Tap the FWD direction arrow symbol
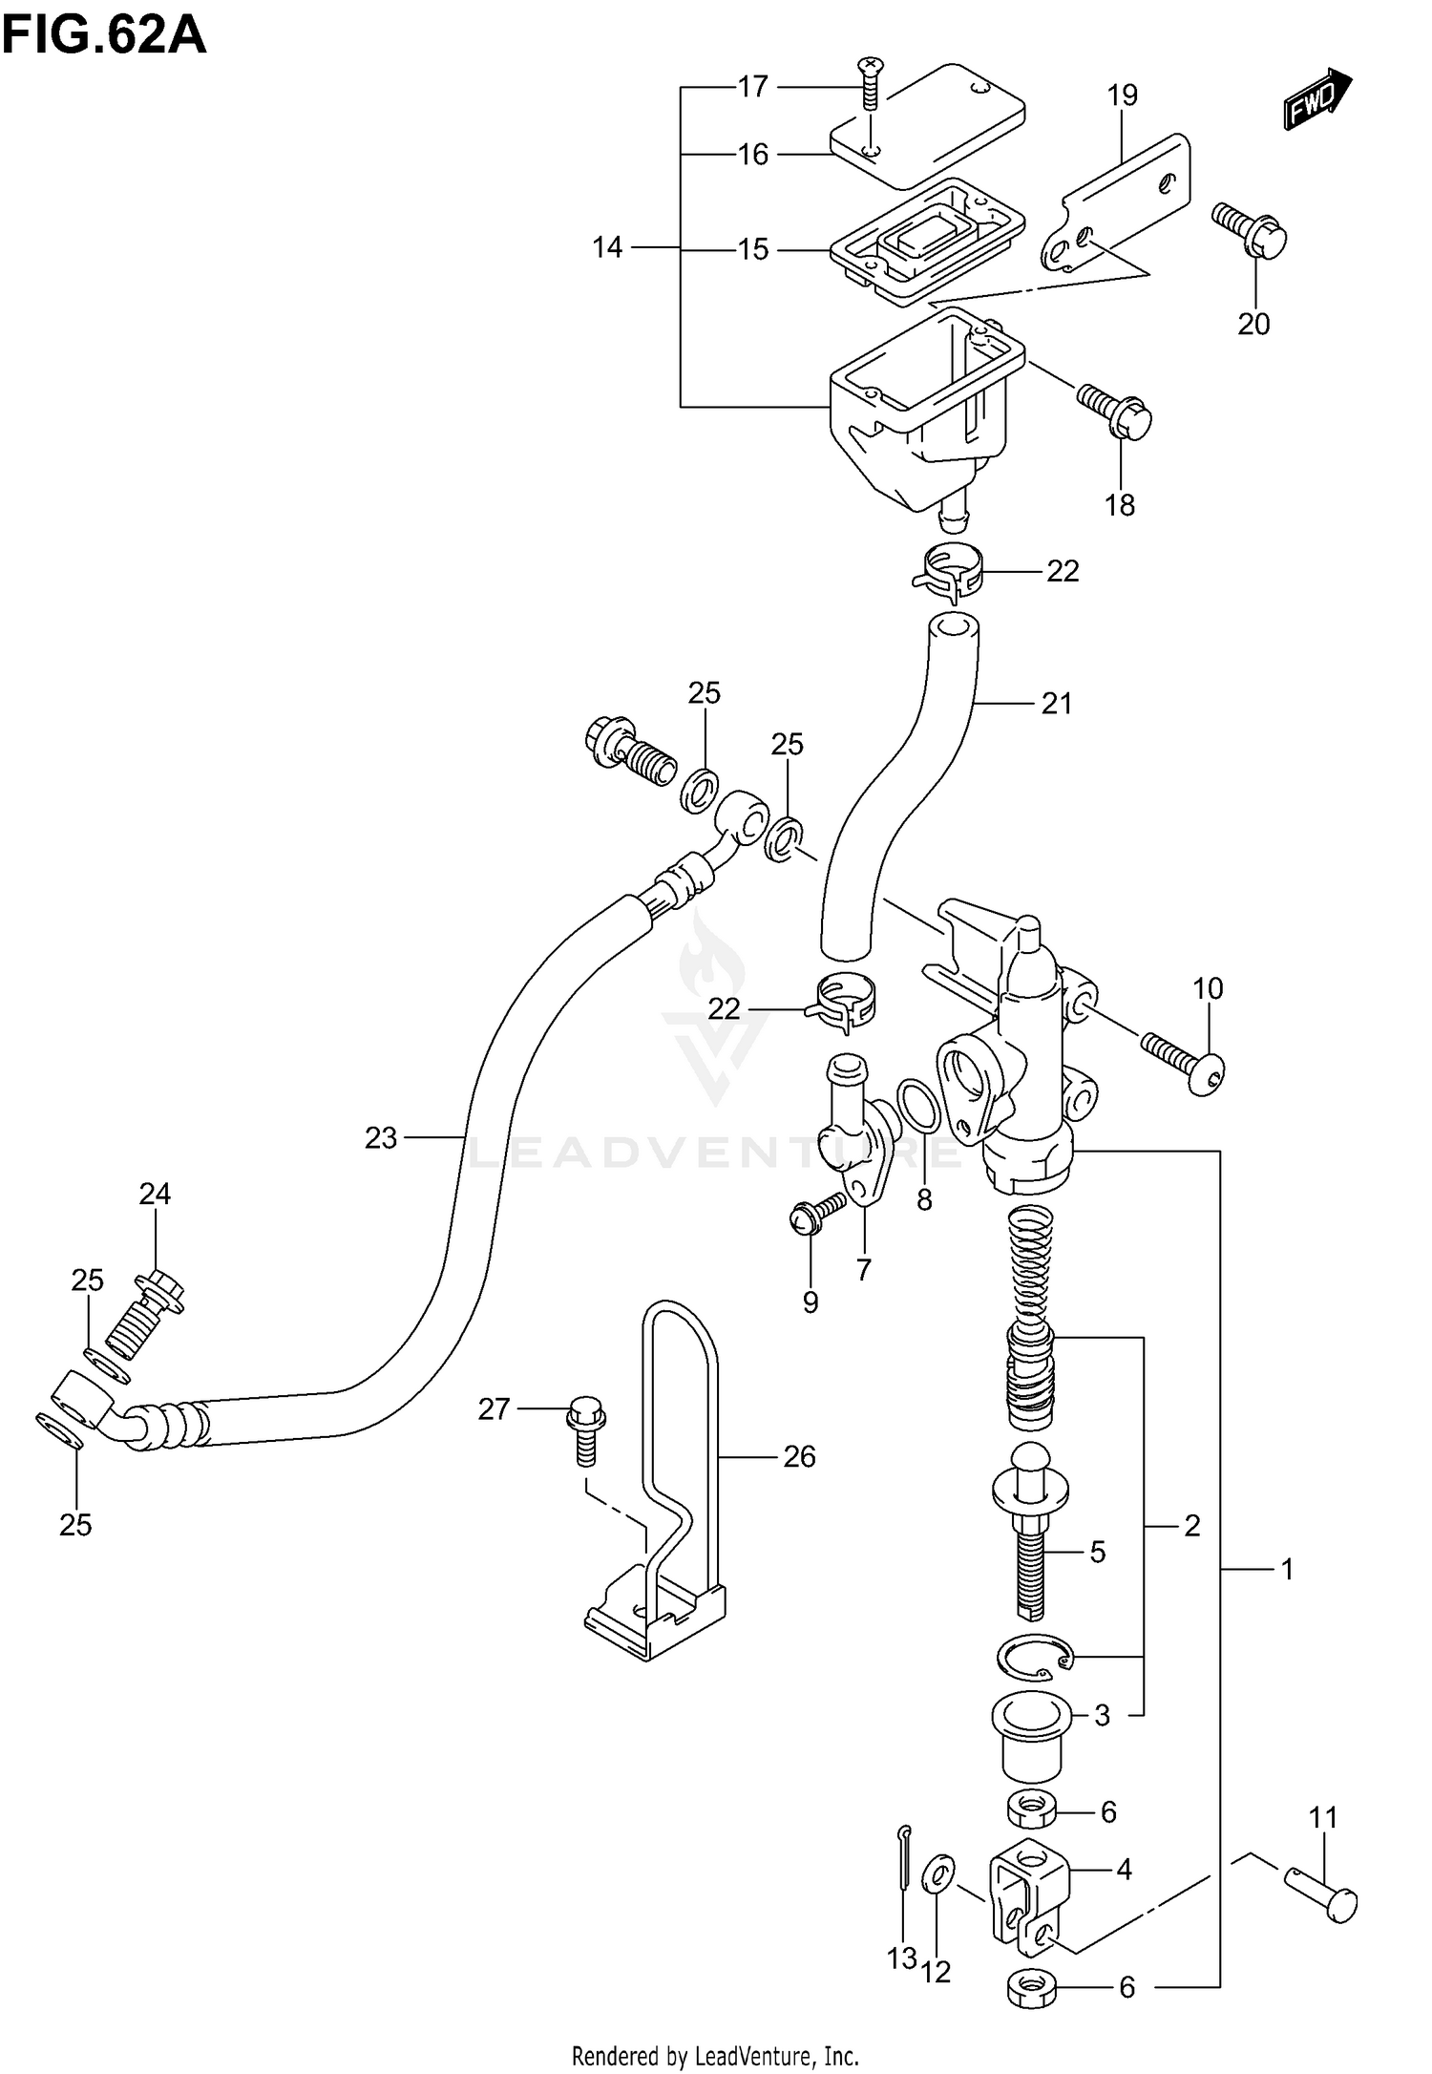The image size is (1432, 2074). (1317, 99)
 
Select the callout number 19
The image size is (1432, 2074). (1123, 95)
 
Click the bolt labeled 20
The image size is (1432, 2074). (1250, 228)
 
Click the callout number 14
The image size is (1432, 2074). (607, 248)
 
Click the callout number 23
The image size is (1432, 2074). (380, 1138)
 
